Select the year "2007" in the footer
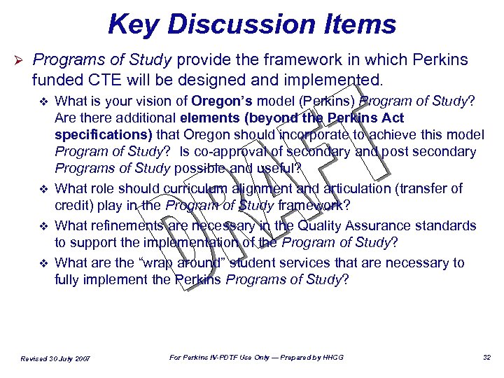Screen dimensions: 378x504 click(82, 359)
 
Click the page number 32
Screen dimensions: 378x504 click(487, 358)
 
